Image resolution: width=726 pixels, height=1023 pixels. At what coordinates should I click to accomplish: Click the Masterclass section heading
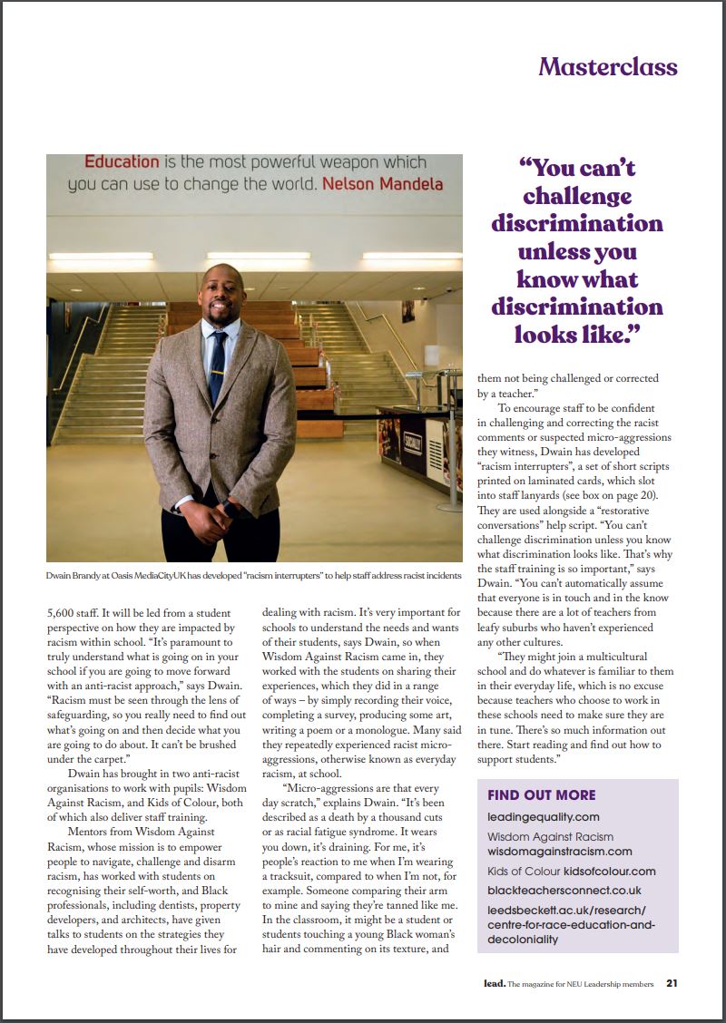607,67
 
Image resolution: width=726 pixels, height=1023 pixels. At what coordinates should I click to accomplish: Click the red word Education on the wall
122,162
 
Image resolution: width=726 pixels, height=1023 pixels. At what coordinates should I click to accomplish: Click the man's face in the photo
220,294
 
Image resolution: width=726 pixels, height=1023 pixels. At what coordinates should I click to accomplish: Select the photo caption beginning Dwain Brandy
254,576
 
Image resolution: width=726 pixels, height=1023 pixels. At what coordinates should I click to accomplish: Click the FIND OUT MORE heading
541,795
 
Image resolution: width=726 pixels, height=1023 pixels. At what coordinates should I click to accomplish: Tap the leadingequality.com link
543,817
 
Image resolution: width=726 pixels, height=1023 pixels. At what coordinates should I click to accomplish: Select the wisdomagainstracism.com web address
559,852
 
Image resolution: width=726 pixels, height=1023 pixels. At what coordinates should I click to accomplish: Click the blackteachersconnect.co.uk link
564,891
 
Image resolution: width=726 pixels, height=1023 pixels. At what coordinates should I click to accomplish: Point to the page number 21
671,983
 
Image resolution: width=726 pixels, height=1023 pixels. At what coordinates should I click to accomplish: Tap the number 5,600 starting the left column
64,614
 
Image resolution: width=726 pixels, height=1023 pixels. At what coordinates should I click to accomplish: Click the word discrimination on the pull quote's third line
577,223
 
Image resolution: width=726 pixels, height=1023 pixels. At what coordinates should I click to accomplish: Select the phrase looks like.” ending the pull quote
577,334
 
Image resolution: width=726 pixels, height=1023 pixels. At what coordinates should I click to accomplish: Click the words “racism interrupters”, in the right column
522,465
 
